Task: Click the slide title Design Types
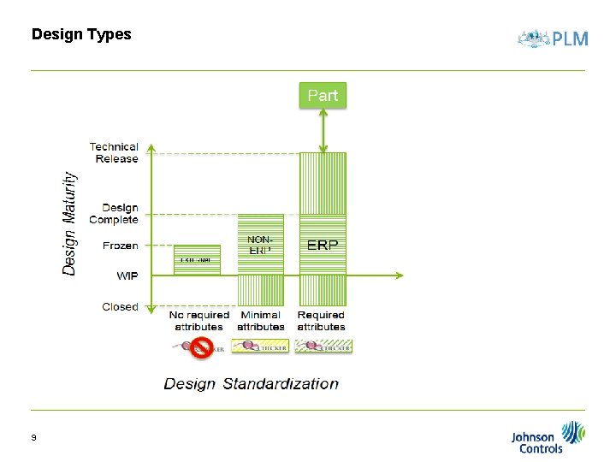point(81,34)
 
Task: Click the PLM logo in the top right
point(553,38)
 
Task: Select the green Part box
point(323,95)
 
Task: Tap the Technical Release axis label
point(114,153)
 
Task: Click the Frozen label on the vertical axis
point(120,246)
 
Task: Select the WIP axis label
point(127,275)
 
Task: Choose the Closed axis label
point(120,306)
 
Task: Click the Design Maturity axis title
point(69,222)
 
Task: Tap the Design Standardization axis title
point(251,384)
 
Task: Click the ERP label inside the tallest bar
point(323,246)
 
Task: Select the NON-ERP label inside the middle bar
point(260,246)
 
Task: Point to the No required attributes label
point(198,321)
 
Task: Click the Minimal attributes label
point(261,321)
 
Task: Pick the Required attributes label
point(322,321)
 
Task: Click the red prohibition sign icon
point(201,346)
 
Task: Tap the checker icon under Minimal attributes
point(261,346)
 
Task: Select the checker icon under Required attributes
point(323,346)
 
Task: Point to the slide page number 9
point(33,438)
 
